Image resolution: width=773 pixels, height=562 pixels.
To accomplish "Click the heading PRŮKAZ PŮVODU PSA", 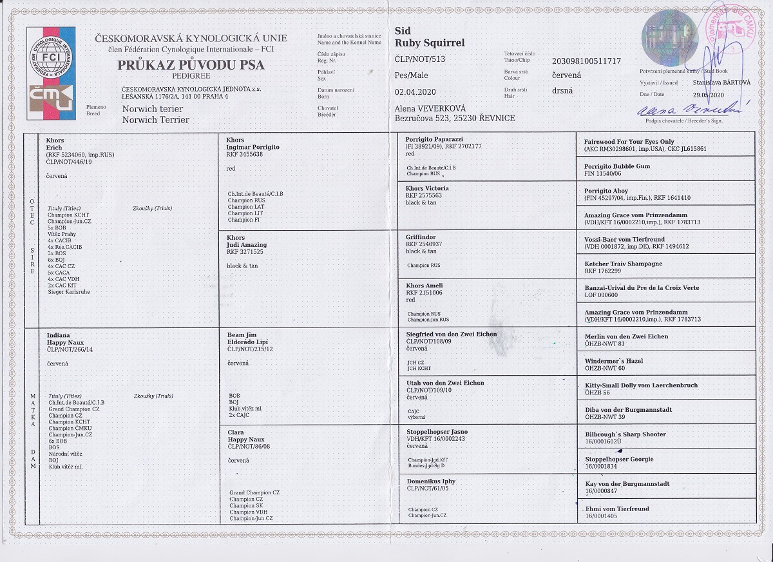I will [191, 64].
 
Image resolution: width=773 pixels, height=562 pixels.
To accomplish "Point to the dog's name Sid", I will [402, 31].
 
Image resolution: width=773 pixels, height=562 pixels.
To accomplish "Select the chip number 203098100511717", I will [586, 61].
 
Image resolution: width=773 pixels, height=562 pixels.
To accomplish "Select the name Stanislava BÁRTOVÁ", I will [721, 82].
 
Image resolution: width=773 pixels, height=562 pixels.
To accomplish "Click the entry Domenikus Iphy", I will [431, 481].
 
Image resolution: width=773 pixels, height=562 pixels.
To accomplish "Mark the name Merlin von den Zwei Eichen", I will [626, 336].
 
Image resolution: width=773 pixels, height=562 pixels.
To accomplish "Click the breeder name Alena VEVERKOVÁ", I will [430, 108].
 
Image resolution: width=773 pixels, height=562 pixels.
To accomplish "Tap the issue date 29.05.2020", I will [709, 93].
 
